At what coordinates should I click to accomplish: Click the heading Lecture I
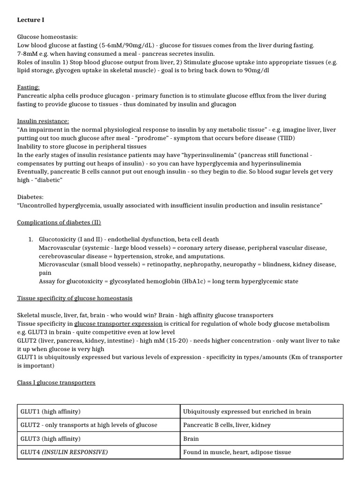click(31, 20)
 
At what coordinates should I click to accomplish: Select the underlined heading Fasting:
click(28, 87)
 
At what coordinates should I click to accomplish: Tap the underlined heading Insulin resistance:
click(43, 121)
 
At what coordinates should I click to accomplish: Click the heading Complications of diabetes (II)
click(59, 222)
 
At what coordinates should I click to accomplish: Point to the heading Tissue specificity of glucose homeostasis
click(75, 298)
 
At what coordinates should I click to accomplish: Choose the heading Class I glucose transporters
click(56, 382)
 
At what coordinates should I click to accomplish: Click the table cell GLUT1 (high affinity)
click(51, 412)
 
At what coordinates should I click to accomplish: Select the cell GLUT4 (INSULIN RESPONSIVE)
click(64, 452)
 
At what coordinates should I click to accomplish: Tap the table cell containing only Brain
click(191, 439)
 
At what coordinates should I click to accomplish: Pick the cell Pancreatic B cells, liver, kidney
click(226, 425)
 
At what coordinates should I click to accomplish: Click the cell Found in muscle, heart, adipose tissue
click(237, 452)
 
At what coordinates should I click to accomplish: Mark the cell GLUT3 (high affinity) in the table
click(51, 439)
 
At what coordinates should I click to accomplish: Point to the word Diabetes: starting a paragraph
click(30, 197)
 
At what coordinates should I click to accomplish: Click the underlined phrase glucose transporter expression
click(118, 323)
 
